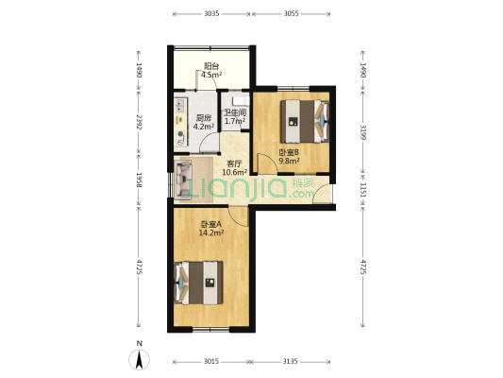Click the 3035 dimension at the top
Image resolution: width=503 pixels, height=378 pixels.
(211, 13)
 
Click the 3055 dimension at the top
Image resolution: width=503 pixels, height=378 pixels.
(292, 13)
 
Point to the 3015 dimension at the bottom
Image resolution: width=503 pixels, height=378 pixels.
(211, 362)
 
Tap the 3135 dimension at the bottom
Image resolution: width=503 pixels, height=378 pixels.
(290, 362)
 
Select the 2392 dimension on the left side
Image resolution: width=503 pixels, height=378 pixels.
(139, 122)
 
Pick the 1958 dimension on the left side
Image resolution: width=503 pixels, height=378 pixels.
(139, 180)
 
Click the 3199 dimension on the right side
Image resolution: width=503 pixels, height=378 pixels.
(362, 132)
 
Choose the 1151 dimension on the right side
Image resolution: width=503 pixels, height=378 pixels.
(362, 190)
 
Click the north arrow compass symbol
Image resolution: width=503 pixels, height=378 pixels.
(140, 359)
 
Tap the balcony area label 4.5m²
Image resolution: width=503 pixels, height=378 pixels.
(211, 76)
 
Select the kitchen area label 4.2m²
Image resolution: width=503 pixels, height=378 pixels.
(204, 127)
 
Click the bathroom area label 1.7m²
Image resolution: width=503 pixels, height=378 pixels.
(235, 121)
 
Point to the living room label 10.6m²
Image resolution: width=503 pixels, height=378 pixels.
(234, 172)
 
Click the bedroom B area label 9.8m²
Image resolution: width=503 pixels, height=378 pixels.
(289, 161)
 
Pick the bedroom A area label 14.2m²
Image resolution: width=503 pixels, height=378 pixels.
(211, 232)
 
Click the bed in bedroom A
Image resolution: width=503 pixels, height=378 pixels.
(198, 283)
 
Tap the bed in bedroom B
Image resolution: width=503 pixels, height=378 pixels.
(305, 121)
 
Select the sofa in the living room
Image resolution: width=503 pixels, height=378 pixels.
(183, 179)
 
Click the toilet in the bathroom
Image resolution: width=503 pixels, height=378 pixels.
(241, 101)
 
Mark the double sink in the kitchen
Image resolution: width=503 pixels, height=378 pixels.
(180, 106)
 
